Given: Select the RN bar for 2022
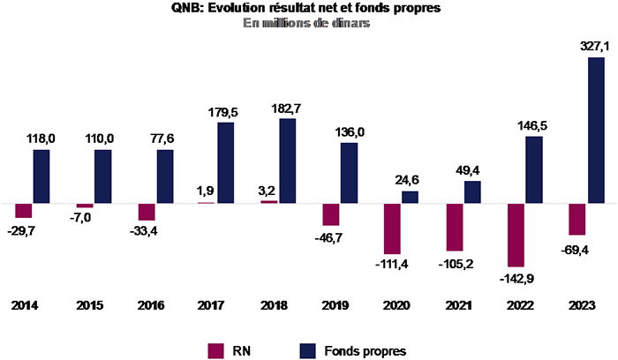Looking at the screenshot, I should [x=515, y=235].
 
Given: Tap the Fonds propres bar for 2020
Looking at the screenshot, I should [x=410, y=198].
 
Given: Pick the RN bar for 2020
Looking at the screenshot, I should [x=392, y=229].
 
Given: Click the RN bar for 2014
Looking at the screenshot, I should [x=24, y=211].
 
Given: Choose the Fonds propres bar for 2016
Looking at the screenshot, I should [x=164, y=176].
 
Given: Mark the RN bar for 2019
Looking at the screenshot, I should [x=331, y=214].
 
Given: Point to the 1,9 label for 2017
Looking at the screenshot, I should [x=205, y=191].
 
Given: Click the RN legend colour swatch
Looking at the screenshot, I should [x=216, y=350].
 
